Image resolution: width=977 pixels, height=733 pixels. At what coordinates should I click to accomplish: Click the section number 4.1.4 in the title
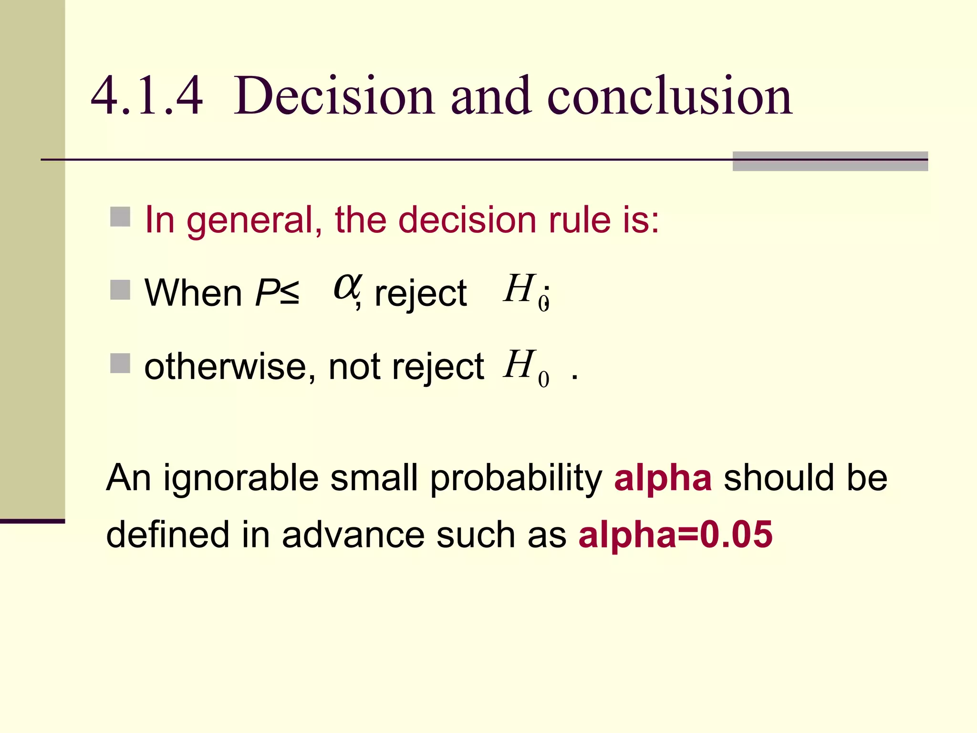point(146,96)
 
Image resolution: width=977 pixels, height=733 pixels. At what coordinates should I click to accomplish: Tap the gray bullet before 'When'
point(120,290)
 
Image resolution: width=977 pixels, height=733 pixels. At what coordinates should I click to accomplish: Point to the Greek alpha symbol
point(347,287)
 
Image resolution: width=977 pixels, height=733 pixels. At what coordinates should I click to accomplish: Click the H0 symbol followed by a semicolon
point(525,291)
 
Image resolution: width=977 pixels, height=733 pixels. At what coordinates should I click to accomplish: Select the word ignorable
point(241,478)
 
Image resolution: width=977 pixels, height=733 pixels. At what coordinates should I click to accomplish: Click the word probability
point(516,478)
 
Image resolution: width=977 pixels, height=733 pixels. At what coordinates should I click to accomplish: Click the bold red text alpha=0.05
point(675,534)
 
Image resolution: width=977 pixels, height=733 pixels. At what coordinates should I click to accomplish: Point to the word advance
point(353,534)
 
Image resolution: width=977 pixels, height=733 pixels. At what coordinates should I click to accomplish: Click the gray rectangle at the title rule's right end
point(830,161)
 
